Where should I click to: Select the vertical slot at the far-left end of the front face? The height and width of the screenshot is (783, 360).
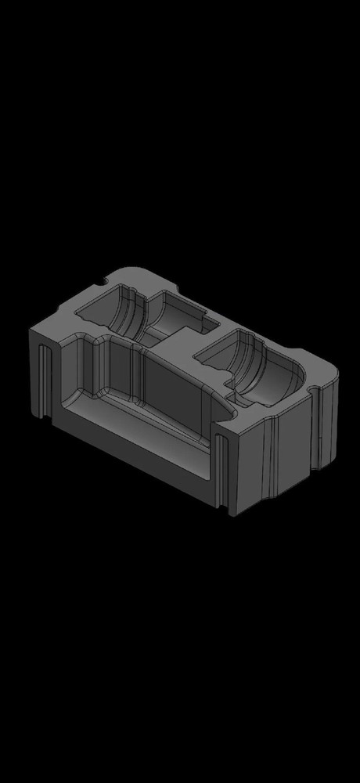41,384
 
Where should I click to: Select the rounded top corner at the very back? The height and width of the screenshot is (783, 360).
129,269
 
